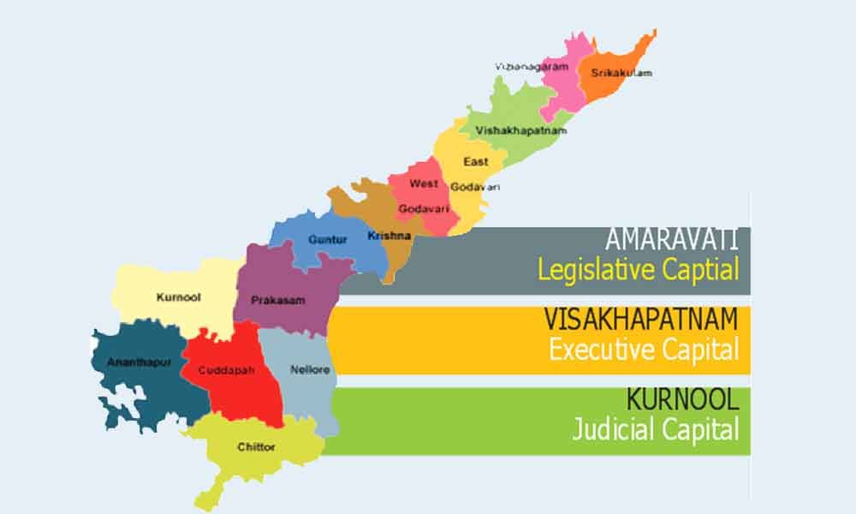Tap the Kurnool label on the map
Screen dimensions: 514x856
pyautogui.click(x=177, y=298)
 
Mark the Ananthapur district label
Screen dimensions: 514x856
pyautogui.click(x=140, y=362)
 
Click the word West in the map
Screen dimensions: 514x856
pyautogui.click(x=424, y=183)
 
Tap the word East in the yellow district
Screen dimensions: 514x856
pyautogui.click(x=476, y=161)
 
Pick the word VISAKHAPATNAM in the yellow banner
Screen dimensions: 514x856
pyautogui.click(x=641, y=320)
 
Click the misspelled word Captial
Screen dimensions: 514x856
pyautogui.click(x=702, y=271)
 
